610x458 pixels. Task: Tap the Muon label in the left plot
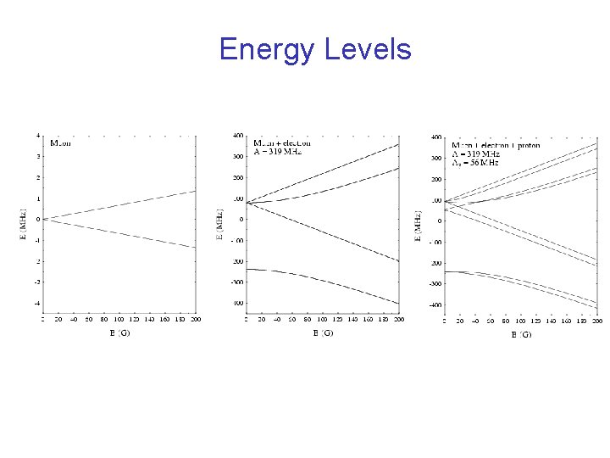61,143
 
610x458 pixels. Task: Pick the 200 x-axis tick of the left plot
196,320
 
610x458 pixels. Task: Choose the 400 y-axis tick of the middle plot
238,136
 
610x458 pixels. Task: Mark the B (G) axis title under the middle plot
323,333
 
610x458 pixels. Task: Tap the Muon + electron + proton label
495,145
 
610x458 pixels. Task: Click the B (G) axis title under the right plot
521,335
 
